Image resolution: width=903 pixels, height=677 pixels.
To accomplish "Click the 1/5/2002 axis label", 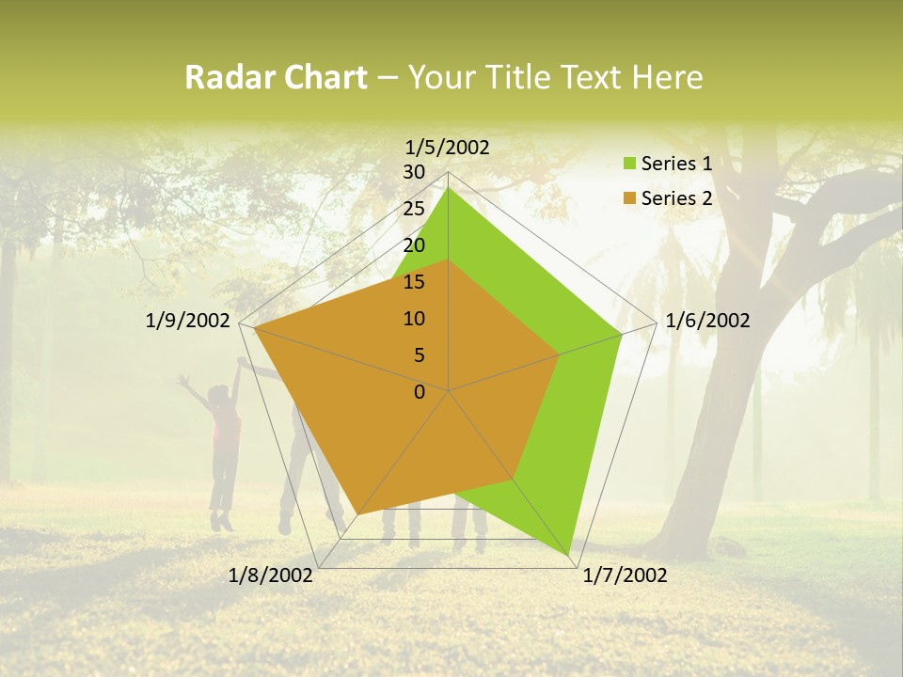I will click(448, 147).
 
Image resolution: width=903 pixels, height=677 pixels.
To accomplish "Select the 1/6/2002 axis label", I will click(707, 321).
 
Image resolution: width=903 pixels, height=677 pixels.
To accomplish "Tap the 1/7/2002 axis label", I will click(625, 575).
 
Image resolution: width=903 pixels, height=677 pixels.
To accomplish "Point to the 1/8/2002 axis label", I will click(271, 575).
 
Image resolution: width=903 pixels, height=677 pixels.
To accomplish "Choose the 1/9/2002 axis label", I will click(188, 321).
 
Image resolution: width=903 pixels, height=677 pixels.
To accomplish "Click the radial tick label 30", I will click(414, 172).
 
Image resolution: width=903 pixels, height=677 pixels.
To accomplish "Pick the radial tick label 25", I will click(414, 209).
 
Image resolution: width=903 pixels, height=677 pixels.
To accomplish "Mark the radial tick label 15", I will click(414, 282).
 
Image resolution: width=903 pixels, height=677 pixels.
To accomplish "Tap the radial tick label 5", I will click(419, 355).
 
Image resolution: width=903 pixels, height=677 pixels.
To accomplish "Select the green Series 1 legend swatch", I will click(630, 164).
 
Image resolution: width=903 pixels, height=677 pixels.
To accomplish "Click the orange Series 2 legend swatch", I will click(630, 198).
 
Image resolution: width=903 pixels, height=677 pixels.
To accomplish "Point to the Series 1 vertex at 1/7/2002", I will click(570, 554).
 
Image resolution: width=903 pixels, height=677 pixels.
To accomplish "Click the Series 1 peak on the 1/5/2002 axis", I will click(448, 188).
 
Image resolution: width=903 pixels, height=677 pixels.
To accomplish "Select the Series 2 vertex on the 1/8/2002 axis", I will click(357, 514).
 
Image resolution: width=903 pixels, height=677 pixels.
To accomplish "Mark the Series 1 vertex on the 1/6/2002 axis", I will click(622, 333).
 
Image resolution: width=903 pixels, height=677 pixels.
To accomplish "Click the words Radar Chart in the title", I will click(276, 78).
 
